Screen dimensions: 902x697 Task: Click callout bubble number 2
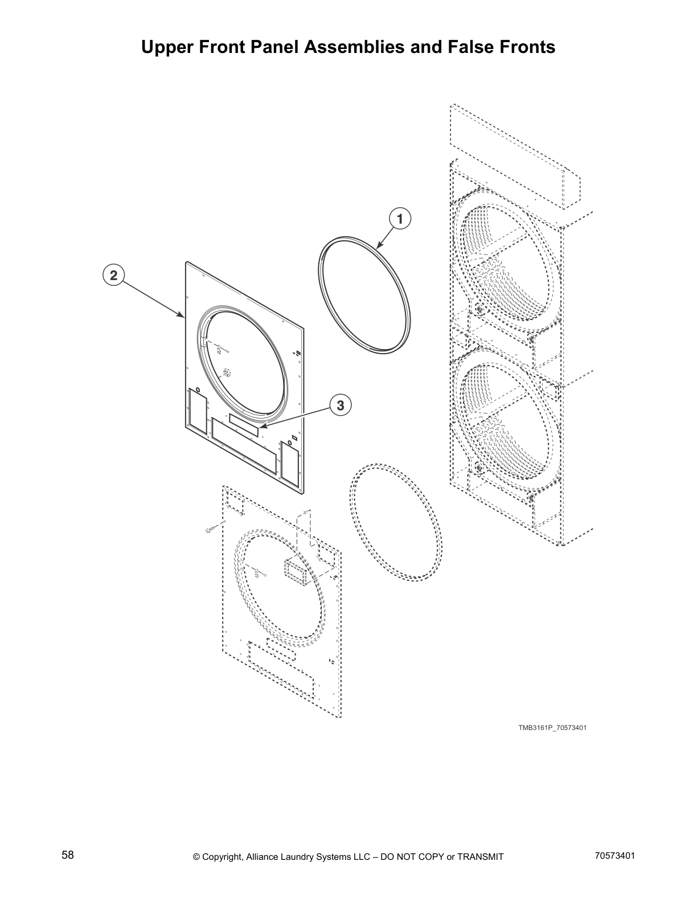[x=114, y=276]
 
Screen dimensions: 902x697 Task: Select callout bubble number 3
[x=340, y=405]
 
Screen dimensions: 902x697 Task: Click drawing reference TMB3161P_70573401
[x=552, y=728]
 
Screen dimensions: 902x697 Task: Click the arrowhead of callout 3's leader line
[x=260, y=426]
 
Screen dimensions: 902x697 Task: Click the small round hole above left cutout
[x=198, y=389]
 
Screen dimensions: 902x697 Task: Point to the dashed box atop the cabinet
[x=515, y=159]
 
